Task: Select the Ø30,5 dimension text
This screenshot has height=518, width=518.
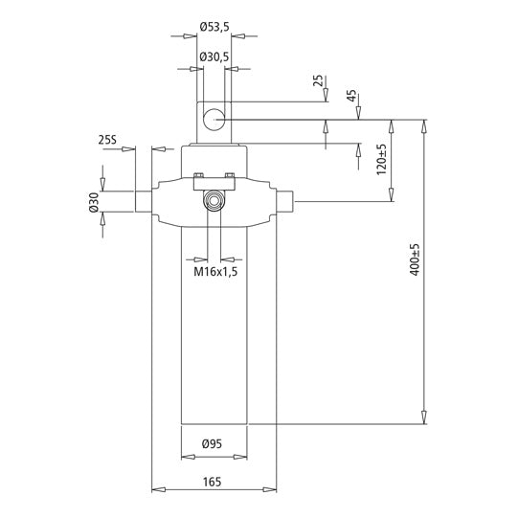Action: coord(214,58)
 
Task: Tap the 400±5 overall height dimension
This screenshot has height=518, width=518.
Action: coord(415,261)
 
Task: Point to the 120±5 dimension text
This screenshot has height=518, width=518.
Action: coord(381,159)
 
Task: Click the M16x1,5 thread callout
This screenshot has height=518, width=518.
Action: coord(215,272)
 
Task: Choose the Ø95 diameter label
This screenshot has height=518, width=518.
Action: coord(214,443)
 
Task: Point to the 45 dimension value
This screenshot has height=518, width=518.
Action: coord(351,96)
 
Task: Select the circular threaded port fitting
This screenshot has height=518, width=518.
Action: coord(214,201)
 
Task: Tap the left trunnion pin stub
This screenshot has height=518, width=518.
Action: coord(144,202)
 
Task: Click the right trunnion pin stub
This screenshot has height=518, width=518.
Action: coord(286,202)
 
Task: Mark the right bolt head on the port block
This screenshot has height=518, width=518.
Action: coord(230,175)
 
